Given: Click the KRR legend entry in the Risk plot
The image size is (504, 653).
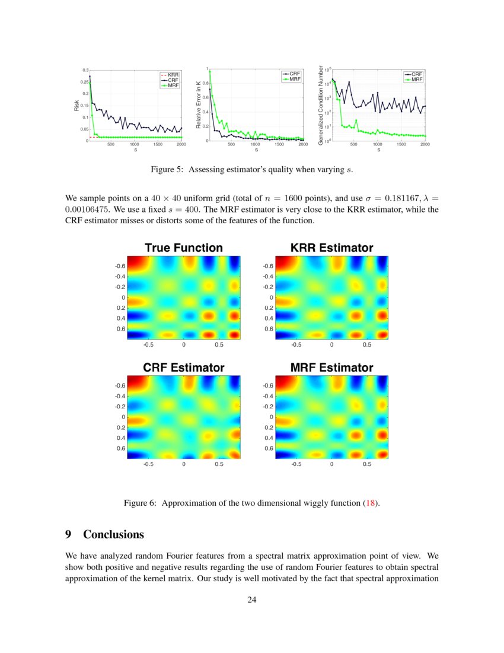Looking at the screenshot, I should pyautogui.click(x=174, y=74).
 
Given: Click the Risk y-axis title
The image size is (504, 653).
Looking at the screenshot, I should pyautogui.click(x=76, y=106).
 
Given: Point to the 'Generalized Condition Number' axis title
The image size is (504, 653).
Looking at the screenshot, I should pyautogui.click(x=320, y=105).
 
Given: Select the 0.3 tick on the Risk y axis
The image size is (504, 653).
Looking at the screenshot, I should pyautogui.click(x=85, y=70).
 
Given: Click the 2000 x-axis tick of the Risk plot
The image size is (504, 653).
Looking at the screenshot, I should pyautogui.click(x=181, y=144).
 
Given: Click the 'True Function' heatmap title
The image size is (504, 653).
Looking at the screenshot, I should pyautogui.click(x=184, y=248).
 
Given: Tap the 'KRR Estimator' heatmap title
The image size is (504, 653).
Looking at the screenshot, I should pyautogui.click(x=331, y=248).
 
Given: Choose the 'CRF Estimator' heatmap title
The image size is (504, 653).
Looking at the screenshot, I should pyautogui.click(x=184, y=368).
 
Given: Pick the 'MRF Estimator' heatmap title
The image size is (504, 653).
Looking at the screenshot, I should pyautogui.click(x=331, y=368).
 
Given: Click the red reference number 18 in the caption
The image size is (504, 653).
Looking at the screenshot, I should pyautogui.click(x=371, y=503).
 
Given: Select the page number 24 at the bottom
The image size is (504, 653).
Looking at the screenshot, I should pyautogui.click(x=252, y=600).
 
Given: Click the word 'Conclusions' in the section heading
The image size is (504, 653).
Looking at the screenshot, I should pyautogui.click(x=113, y=534).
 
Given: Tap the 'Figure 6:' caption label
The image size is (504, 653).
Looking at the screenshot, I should pyautogui.click(x=140, y=503).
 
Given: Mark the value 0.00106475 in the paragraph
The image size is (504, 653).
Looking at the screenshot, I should pyautogui.click(x=89, y=209).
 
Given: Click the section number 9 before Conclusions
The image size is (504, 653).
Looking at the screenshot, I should pyautogui.click(x=68, y=534).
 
